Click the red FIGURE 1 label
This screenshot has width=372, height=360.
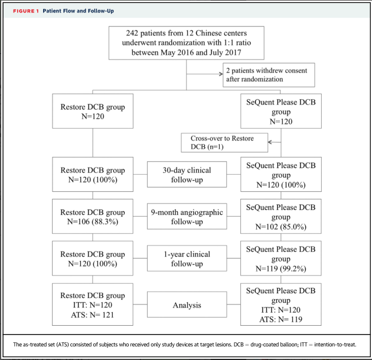tap(26, 11)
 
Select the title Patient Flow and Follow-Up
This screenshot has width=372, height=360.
tap(79, 11)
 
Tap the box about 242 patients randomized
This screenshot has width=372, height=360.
tap(187, 43)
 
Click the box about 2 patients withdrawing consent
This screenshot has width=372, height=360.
tap(269, 75)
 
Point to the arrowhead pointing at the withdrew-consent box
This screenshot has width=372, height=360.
tap(221, 74)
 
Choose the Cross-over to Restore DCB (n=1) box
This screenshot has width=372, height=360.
tap(224, 143)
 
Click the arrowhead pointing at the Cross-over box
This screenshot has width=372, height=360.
tap(270, 142)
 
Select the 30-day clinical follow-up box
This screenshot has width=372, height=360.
tap(187, 175)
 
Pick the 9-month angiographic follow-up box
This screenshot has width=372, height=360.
tap(187, 216)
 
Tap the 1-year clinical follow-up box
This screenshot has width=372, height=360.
tap(187, 258)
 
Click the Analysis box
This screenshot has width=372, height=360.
tap(187, 305)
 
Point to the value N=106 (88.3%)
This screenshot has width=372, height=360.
tap(93, 221)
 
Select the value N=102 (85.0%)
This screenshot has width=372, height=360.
tap(281, 227)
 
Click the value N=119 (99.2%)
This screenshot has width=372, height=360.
tap(281, 269)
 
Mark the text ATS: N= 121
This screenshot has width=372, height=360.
tap(93, 315)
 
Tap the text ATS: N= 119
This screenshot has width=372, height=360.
tap(281, 319)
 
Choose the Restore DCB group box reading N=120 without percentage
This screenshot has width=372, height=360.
tap(93, 111)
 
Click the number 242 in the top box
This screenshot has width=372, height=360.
tap(132, 33)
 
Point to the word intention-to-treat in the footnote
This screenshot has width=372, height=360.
tap(335, 344)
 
